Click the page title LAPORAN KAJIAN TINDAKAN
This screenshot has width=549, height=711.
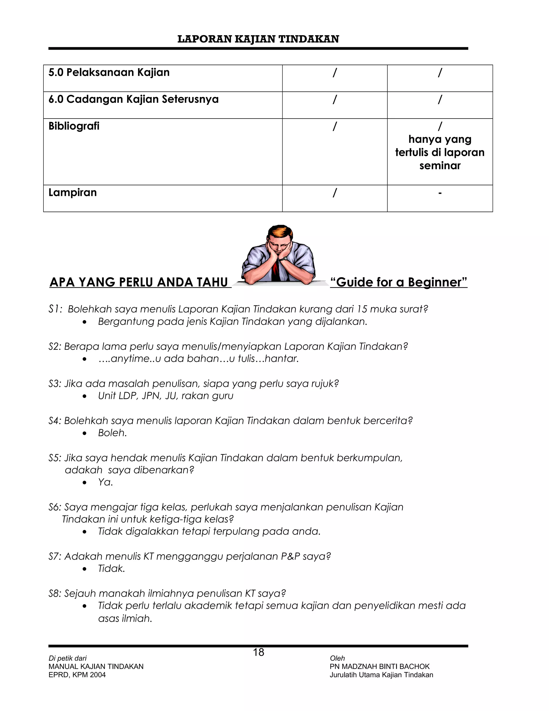pyautogui.click(x=258, y=39)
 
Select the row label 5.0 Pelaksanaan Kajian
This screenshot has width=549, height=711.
pyautogui.click(x=109, y=72)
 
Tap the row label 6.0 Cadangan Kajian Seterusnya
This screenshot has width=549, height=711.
pyautogui.click(x=133, y=99)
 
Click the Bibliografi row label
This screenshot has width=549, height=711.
pyautogui.click(x=74, y=126)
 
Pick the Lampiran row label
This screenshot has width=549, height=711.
pyautogui.click(x=73, y=192)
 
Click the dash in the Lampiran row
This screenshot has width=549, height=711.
pyautogui.click(x=440, y=193)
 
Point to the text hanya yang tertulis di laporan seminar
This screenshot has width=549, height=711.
pyautogui.click(x=440, y=152)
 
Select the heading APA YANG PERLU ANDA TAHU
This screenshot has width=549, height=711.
pyautogui.click(x=139, y=282)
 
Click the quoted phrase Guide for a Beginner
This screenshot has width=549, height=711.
pyautogui.click(x=398, y=282)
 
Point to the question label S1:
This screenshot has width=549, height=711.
pyautogui.click(x=55, y=309)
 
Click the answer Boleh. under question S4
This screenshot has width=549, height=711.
pyautogui.click(x=112, y=433)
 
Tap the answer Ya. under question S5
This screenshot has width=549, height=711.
pyautogui.click(x=105, y=482)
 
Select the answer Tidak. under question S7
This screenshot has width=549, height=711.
pyautogui.click(x=111, y=569)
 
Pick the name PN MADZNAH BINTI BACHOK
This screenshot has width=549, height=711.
pyautogui.click(x=380, y=666)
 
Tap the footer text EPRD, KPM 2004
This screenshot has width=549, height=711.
pyautogui.click(x=77, y=675)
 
